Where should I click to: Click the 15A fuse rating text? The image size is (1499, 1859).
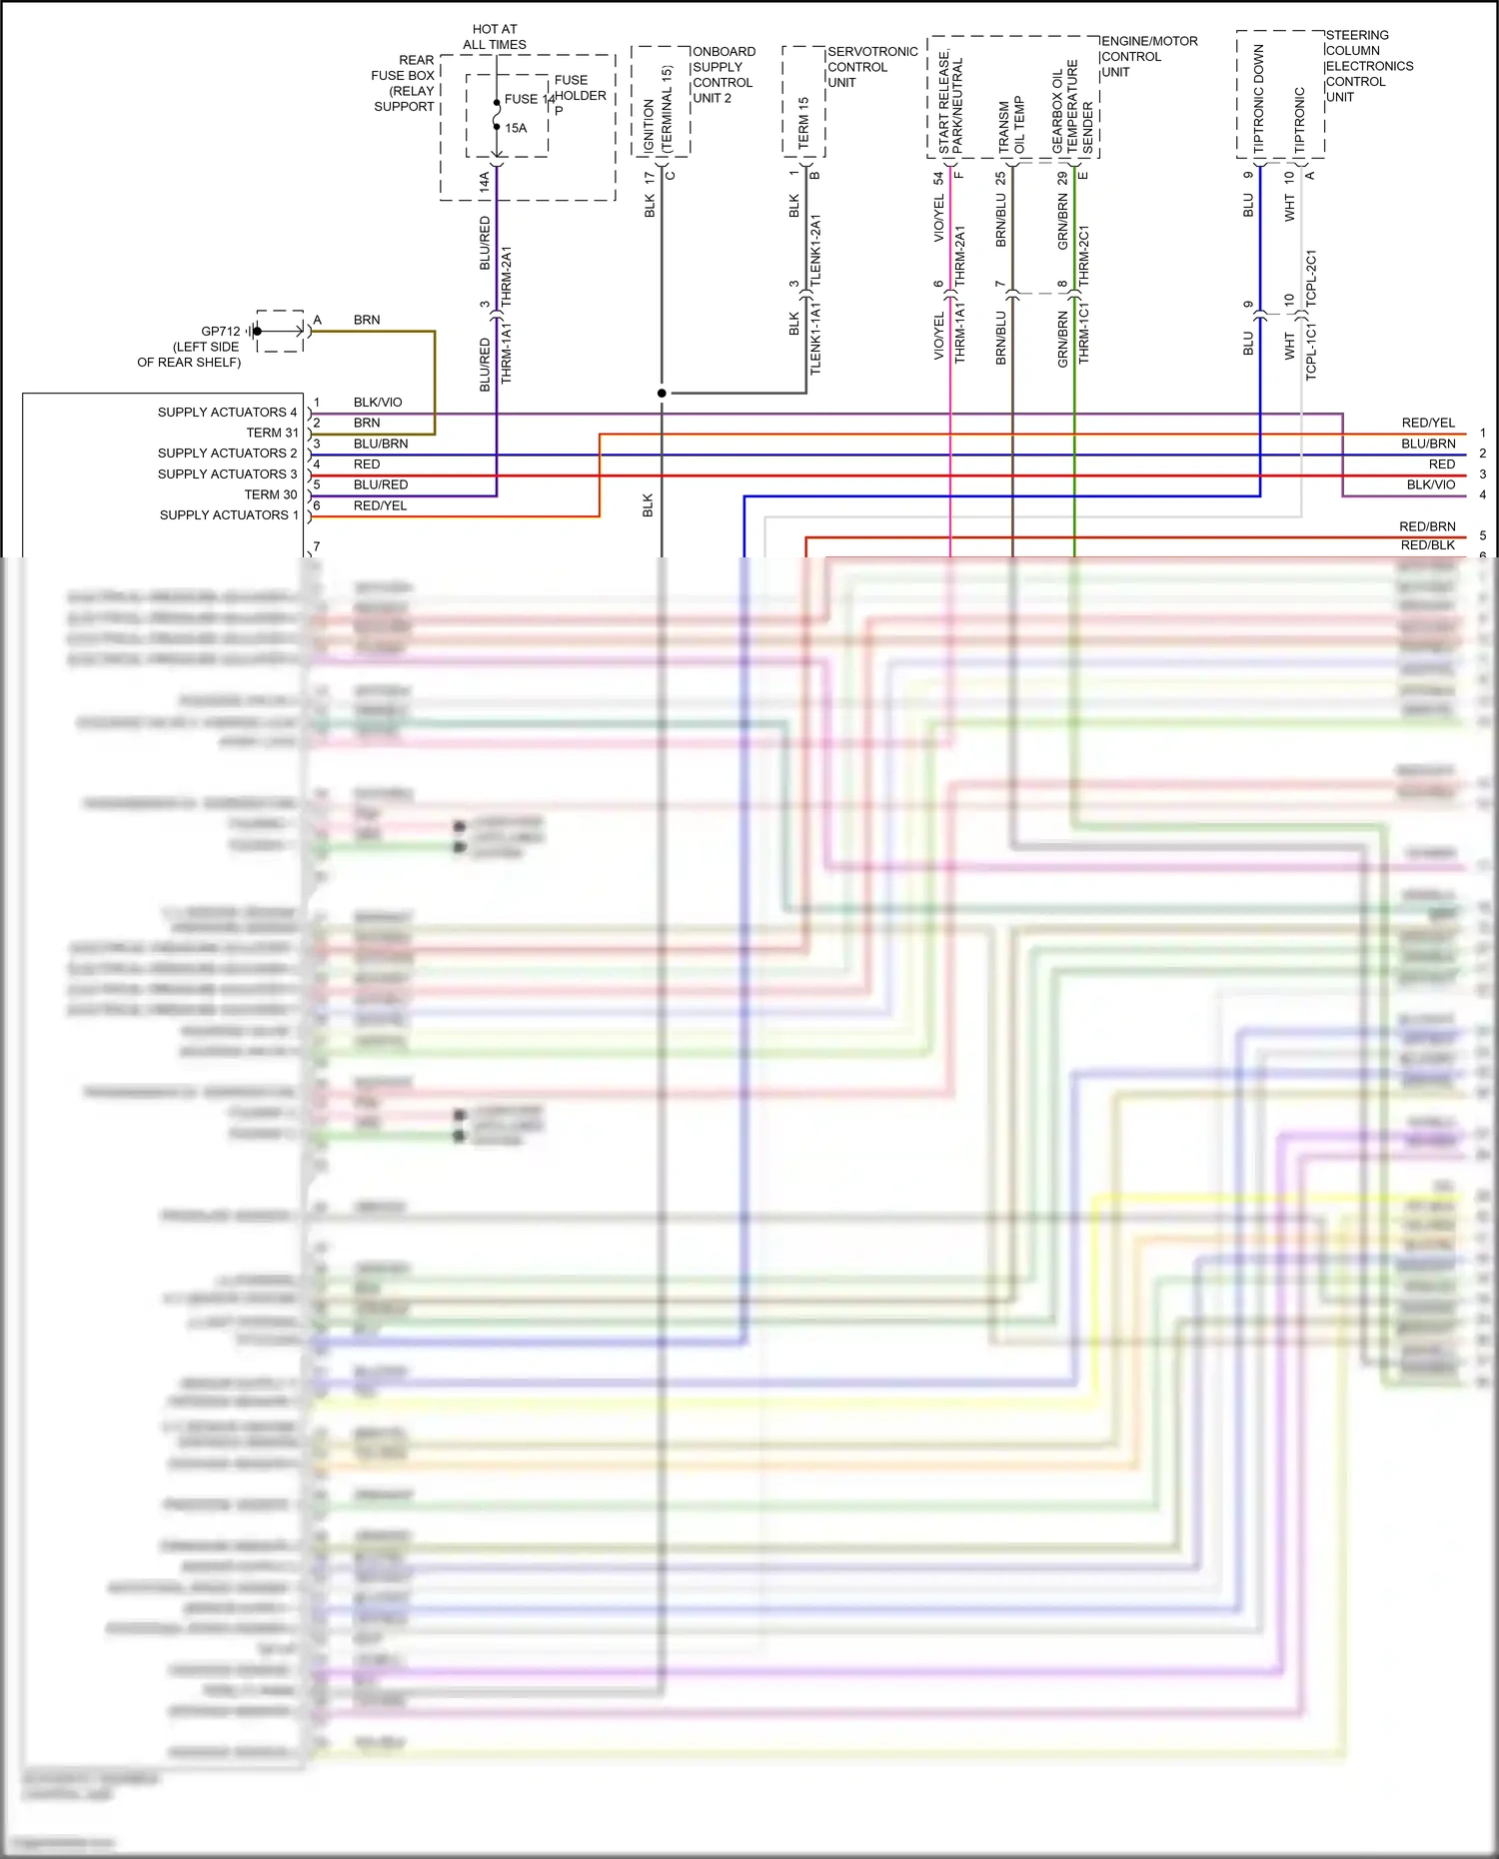pos(516,128)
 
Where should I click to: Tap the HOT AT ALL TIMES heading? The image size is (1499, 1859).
pos(495,37)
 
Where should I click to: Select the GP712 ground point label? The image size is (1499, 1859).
pos(221,332)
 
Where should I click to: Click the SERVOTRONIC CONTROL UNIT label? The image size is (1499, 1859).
pos(871,67)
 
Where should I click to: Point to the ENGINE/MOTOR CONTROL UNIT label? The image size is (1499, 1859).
pos(1148,57)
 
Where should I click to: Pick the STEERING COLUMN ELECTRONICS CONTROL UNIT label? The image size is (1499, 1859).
pos(1368,66)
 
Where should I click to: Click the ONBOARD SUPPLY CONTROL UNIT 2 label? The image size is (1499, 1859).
pos(724,75)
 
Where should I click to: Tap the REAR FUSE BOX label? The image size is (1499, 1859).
pos(404,83)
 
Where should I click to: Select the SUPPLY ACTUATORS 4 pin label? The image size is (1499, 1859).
pos(227,413)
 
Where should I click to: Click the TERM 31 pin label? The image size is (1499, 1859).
pos(272,433)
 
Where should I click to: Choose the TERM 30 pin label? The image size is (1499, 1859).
pos(271,494)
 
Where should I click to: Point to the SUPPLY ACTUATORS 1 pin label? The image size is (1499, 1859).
pos(229,515)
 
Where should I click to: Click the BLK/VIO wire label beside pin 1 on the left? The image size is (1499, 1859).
pos(378,403)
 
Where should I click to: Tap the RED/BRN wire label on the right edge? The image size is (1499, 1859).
pos(1427,526)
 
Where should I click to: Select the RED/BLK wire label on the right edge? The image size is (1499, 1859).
pos(1427,545)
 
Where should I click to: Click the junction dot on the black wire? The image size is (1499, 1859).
pos(662,394)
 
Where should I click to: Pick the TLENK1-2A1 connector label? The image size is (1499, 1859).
pos(815,251)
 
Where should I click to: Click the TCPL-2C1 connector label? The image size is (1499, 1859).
pos(1311,278)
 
